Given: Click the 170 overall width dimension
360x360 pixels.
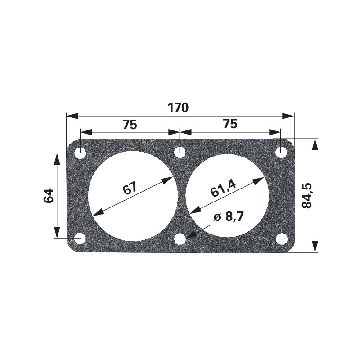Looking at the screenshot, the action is coord(178,108).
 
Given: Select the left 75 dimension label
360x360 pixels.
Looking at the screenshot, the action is coord(130,125).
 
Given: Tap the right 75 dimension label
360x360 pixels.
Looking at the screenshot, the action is coord(230,124).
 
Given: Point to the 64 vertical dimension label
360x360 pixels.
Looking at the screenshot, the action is coord(49,196).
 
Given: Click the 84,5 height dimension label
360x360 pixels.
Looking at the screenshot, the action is coord(307,196).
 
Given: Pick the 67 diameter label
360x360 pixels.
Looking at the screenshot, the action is coord(130,188).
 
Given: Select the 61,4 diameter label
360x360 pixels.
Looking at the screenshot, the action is coord(223,188).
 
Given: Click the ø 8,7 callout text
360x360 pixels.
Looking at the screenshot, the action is coord(229,217).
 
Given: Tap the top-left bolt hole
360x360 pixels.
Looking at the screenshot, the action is coord(80,153).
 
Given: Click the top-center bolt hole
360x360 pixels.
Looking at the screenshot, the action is coord(180,152).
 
